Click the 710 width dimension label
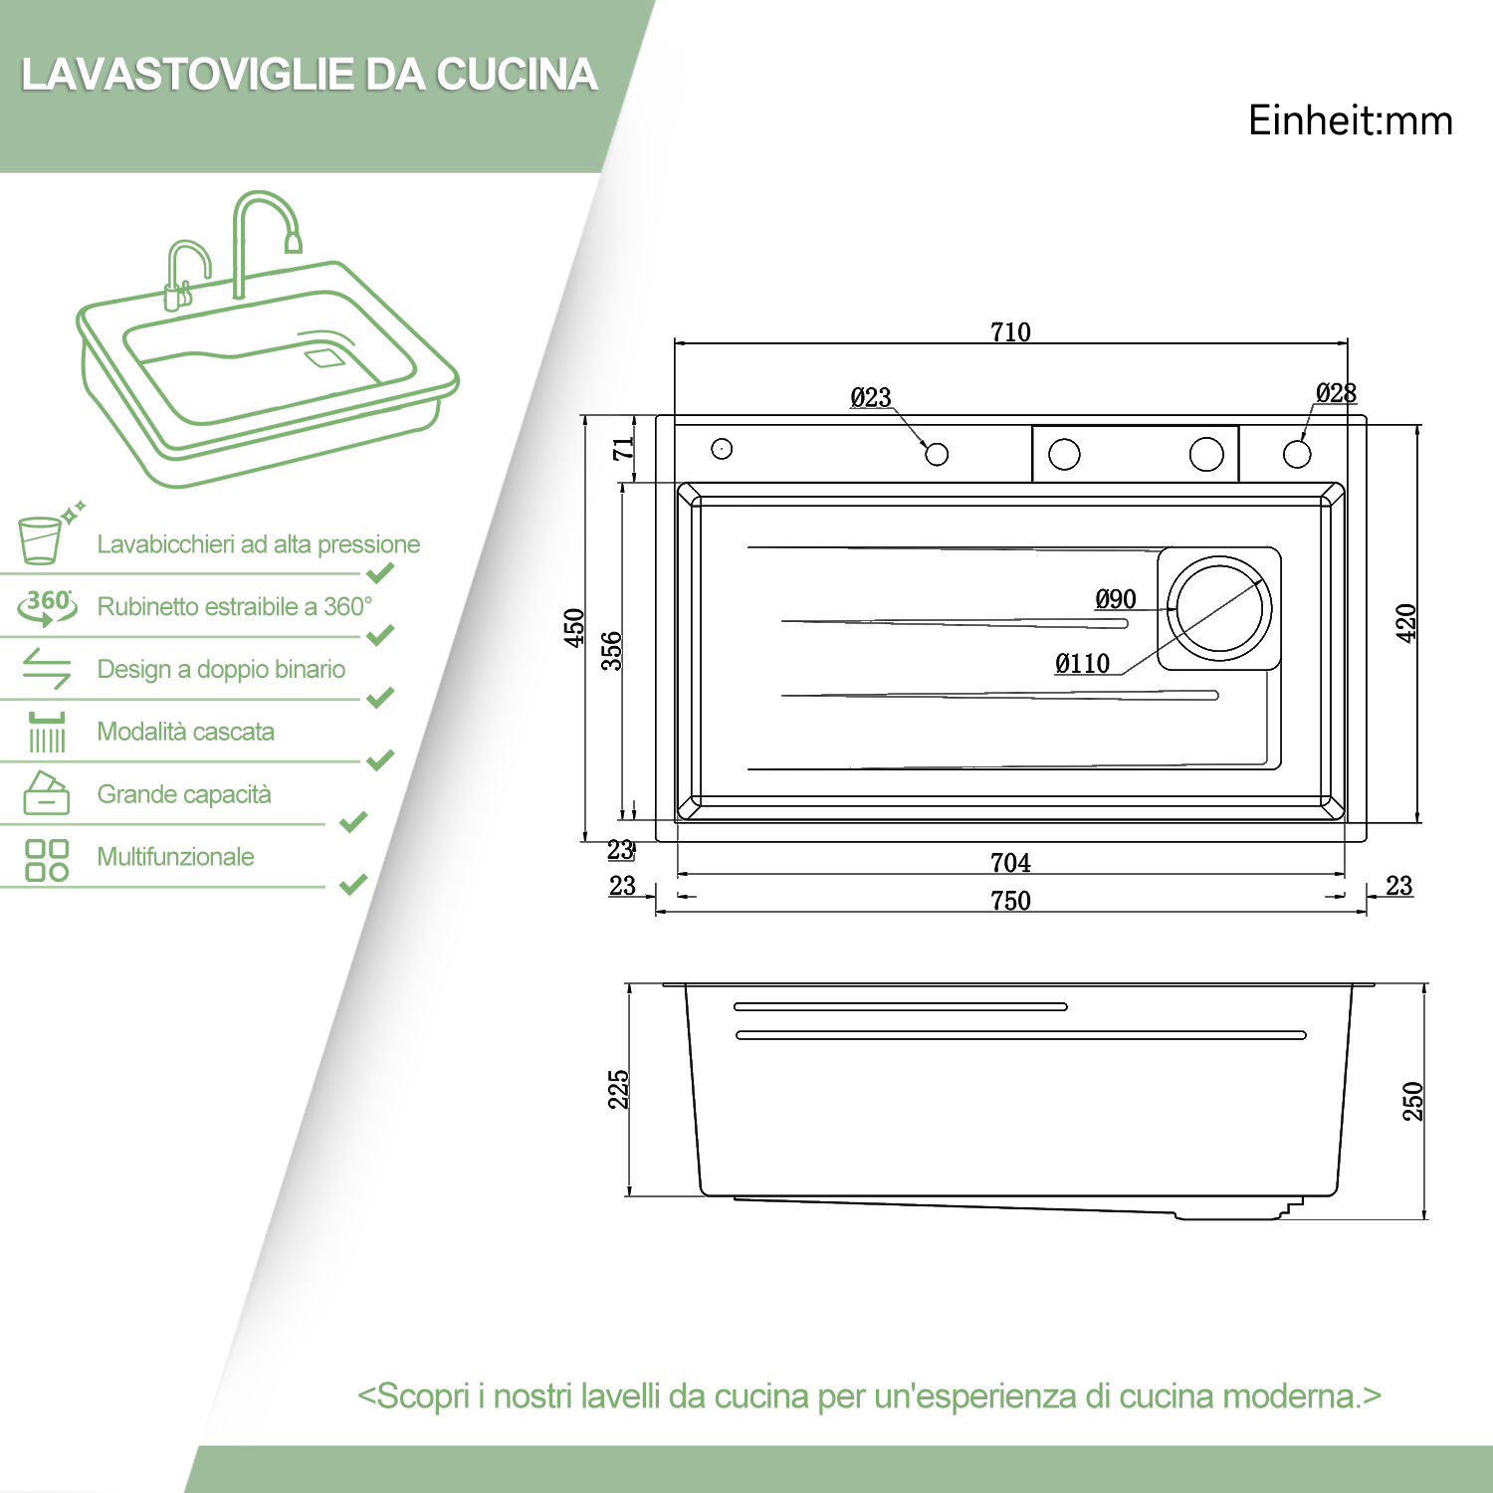1010,331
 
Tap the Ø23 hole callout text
871,397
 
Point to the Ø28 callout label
1336,393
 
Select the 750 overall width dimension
1010,901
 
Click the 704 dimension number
1010,863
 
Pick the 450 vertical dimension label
574,628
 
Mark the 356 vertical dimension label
611,650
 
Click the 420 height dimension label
1405,623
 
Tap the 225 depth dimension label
618,1090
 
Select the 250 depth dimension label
1412,1101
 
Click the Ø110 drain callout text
1083,664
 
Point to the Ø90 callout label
1116,599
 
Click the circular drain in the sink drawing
1219,608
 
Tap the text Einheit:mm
1351,120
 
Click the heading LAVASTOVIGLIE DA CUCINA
310,75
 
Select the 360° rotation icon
47,606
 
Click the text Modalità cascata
186,732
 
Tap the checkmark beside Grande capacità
353,822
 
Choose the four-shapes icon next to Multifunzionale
47,860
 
